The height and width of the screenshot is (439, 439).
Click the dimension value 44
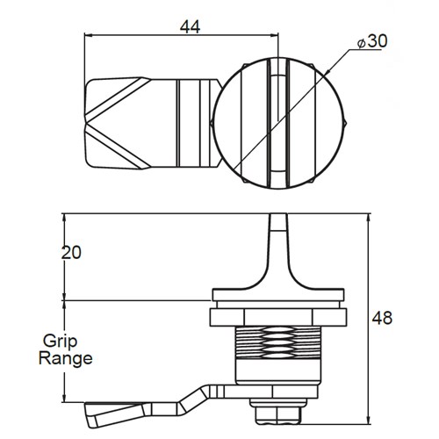coord(190,26)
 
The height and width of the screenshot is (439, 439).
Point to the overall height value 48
coord(382,317)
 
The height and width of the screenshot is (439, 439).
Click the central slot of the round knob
coord(277,122)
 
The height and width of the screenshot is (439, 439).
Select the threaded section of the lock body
coord(277,347)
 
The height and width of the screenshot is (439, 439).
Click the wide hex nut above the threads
coord(277,313)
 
